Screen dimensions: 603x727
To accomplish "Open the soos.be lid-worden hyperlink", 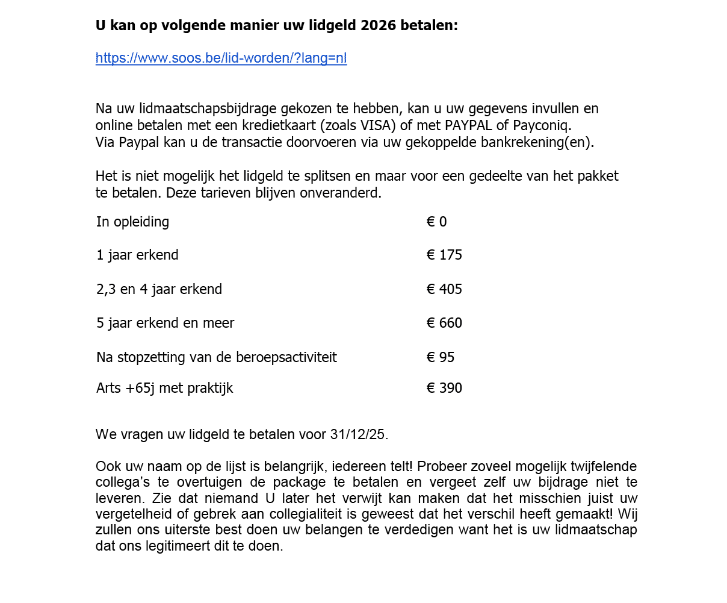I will [x=221, y=58].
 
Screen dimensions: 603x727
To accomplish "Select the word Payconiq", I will [x=542, y=125].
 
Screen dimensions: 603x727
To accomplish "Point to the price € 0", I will [x=437, y=222].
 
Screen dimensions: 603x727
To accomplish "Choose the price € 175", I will [x=444, y=255].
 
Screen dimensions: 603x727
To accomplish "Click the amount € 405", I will [x=444, y=289].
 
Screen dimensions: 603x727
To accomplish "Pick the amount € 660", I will [x=444, y=323].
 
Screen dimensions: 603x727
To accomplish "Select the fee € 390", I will [x=444, y=388].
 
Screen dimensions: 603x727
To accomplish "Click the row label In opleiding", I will [x=132, y=222].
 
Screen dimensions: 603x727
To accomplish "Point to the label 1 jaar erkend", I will [x=137, y=255].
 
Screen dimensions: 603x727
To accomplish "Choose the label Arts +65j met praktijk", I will [x=164, y=388].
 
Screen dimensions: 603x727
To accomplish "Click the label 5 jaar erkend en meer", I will [x=165, y=323].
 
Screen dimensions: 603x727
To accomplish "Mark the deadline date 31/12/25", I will [x=357, y=434].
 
